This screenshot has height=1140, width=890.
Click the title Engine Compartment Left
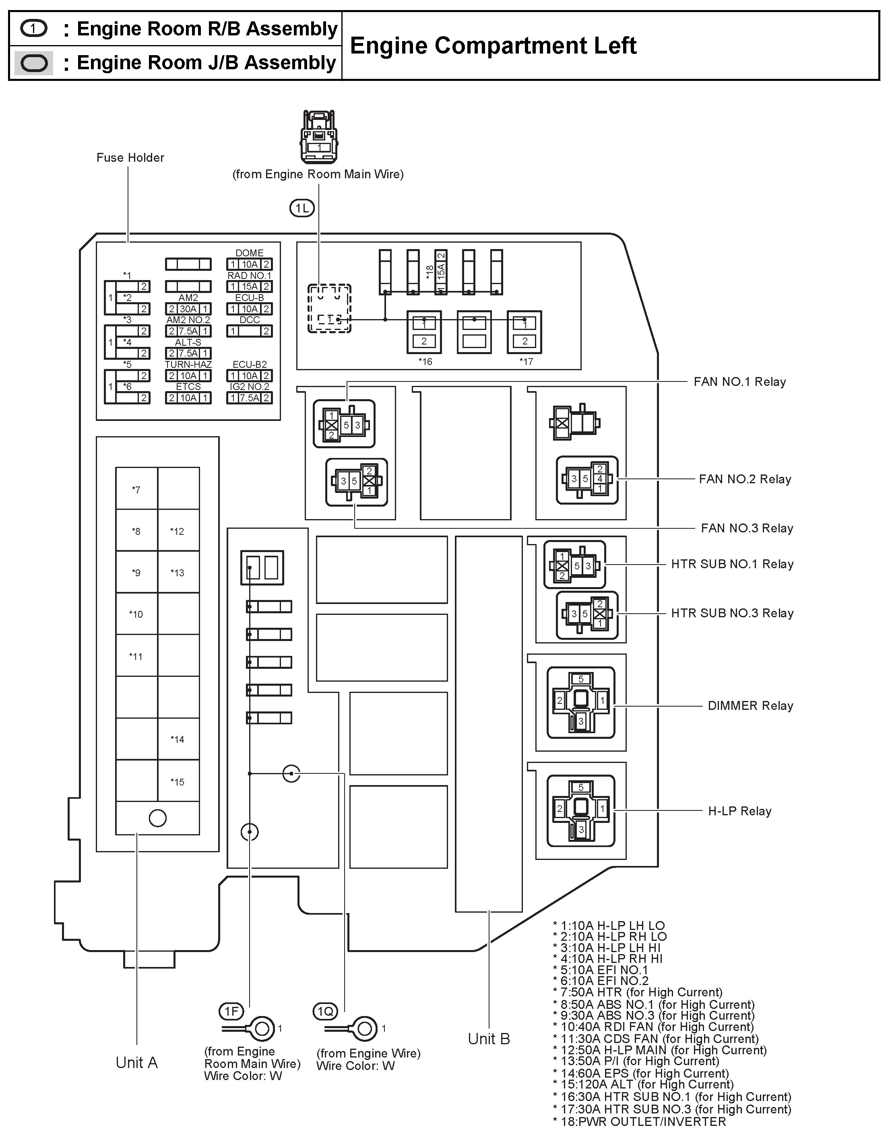tap(493, 46)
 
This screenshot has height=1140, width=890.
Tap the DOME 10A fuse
tap(249, 264)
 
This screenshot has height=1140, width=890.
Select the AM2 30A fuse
tap(188, 309)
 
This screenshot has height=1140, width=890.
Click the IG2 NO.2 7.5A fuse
tap(249, 398)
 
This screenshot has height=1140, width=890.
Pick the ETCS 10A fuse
tap(188, 398)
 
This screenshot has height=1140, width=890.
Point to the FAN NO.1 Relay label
tap(739, 381)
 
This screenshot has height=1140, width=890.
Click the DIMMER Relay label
tap(750, 706)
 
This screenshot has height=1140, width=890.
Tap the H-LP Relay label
tap(739, 810)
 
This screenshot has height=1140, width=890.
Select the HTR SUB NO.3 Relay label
tap(732, 613)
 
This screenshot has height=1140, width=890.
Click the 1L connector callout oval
tap(302, 209)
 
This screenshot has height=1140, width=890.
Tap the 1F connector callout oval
tap(231, 1012)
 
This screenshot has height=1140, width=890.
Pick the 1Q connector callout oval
tap(325, 1012)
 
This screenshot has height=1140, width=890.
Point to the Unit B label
tap(489, 1039)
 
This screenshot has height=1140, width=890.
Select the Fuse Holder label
tap(130, 158)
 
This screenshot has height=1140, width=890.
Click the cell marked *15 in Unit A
tap(178, 781)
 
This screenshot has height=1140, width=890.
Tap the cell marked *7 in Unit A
tap(136, 490)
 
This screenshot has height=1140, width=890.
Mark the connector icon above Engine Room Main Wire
tap(318, 137)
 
